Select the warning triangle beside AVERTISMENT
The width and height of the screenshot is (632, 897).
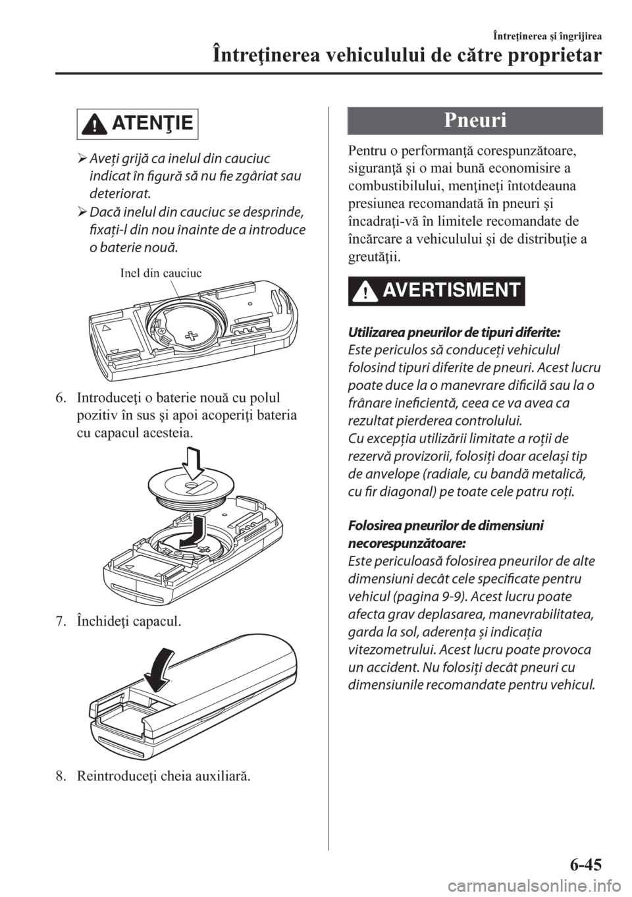[x=361, y=291]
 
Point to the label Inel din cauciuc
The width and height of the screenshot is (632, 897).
[x=161, y=273]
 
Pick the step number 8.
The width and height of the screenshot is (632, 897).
[x=59, y=780]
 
